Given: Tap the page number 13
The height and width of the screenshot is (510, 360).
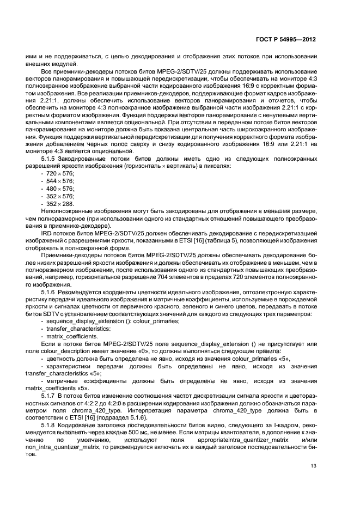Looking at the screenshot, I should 313,465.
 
